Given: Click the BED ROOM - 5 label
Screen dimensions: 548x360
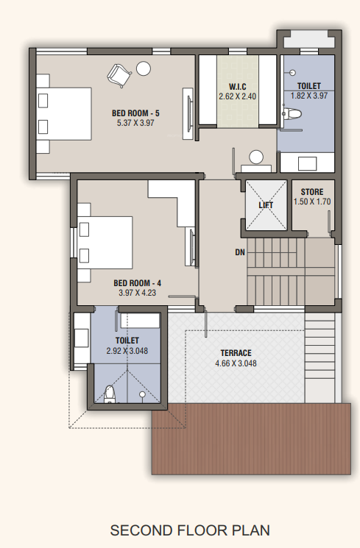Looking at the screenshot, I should [x=136, y=113].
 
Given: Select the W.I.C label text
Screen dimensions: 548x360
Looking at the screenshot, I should [x=236, y=86].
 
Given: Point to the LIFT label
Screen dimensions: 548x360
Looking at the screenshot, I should [x=266, y=205].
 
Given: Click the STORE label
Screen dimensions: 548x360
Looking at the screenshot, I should [x=311, y=192].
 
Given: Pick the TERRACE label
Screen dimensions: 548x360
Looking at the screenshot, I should [x=235, y=353].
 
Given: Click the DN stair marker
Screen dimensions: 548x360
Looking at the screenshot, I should [x=239, y=253].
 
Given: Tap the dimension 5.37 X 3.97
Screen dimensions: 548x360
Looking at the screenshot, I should [x=136, y=122].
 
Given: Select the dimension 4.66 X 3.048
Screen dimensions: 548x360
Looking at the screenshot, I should [x=235, y=363].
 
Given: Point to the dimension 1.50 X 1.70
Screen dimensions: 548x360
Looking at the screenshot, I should [x=311, y=202].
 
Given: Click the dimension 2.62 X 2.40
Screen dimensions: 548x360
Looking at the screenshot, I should [x=236, y=96].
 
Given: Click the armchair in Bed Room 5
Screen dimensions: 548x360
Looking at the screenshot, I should [x=119, y=74].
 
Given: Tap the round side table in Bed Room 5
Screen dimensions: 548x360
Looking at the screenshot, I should [x=144, y=68].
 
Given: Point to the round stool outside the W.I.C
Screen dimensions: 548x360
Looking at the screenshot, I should [x=256, y=157].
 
